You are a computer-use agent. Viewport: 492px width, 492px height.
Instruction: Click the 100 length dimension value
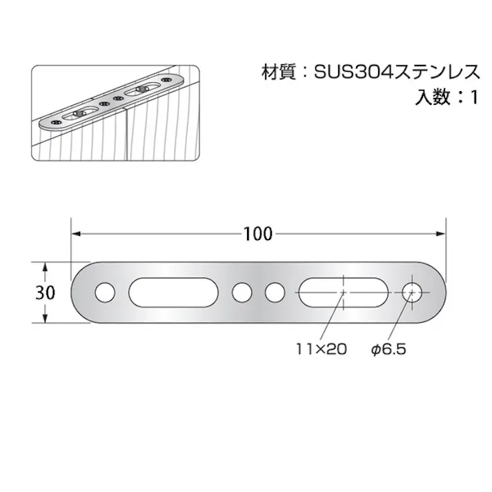[258, 234]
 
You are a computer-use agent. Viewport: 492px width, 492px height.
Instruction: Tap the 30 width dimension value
[45, 293]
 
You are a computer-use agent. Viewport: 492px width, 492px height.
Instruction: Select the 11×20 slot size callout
[322, 349]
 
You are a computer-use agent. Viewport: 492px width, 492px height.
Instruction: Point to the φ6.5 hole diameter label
[388, 349]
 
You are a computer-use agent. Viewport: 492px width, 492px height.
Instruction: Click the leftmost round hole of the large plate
[105, 293]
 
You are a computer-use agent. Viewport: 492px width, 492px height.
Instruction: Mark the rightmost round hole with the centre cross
[413, 293]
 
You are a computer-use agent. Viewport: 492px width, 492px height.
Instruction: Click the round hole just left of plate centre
[242, 293]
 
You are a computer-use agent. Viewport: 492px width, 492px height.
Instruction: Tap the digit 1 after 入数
[473, 97]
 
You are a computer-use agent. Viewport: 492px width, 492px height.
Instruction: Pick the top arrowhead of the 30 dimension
[45, 267]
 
